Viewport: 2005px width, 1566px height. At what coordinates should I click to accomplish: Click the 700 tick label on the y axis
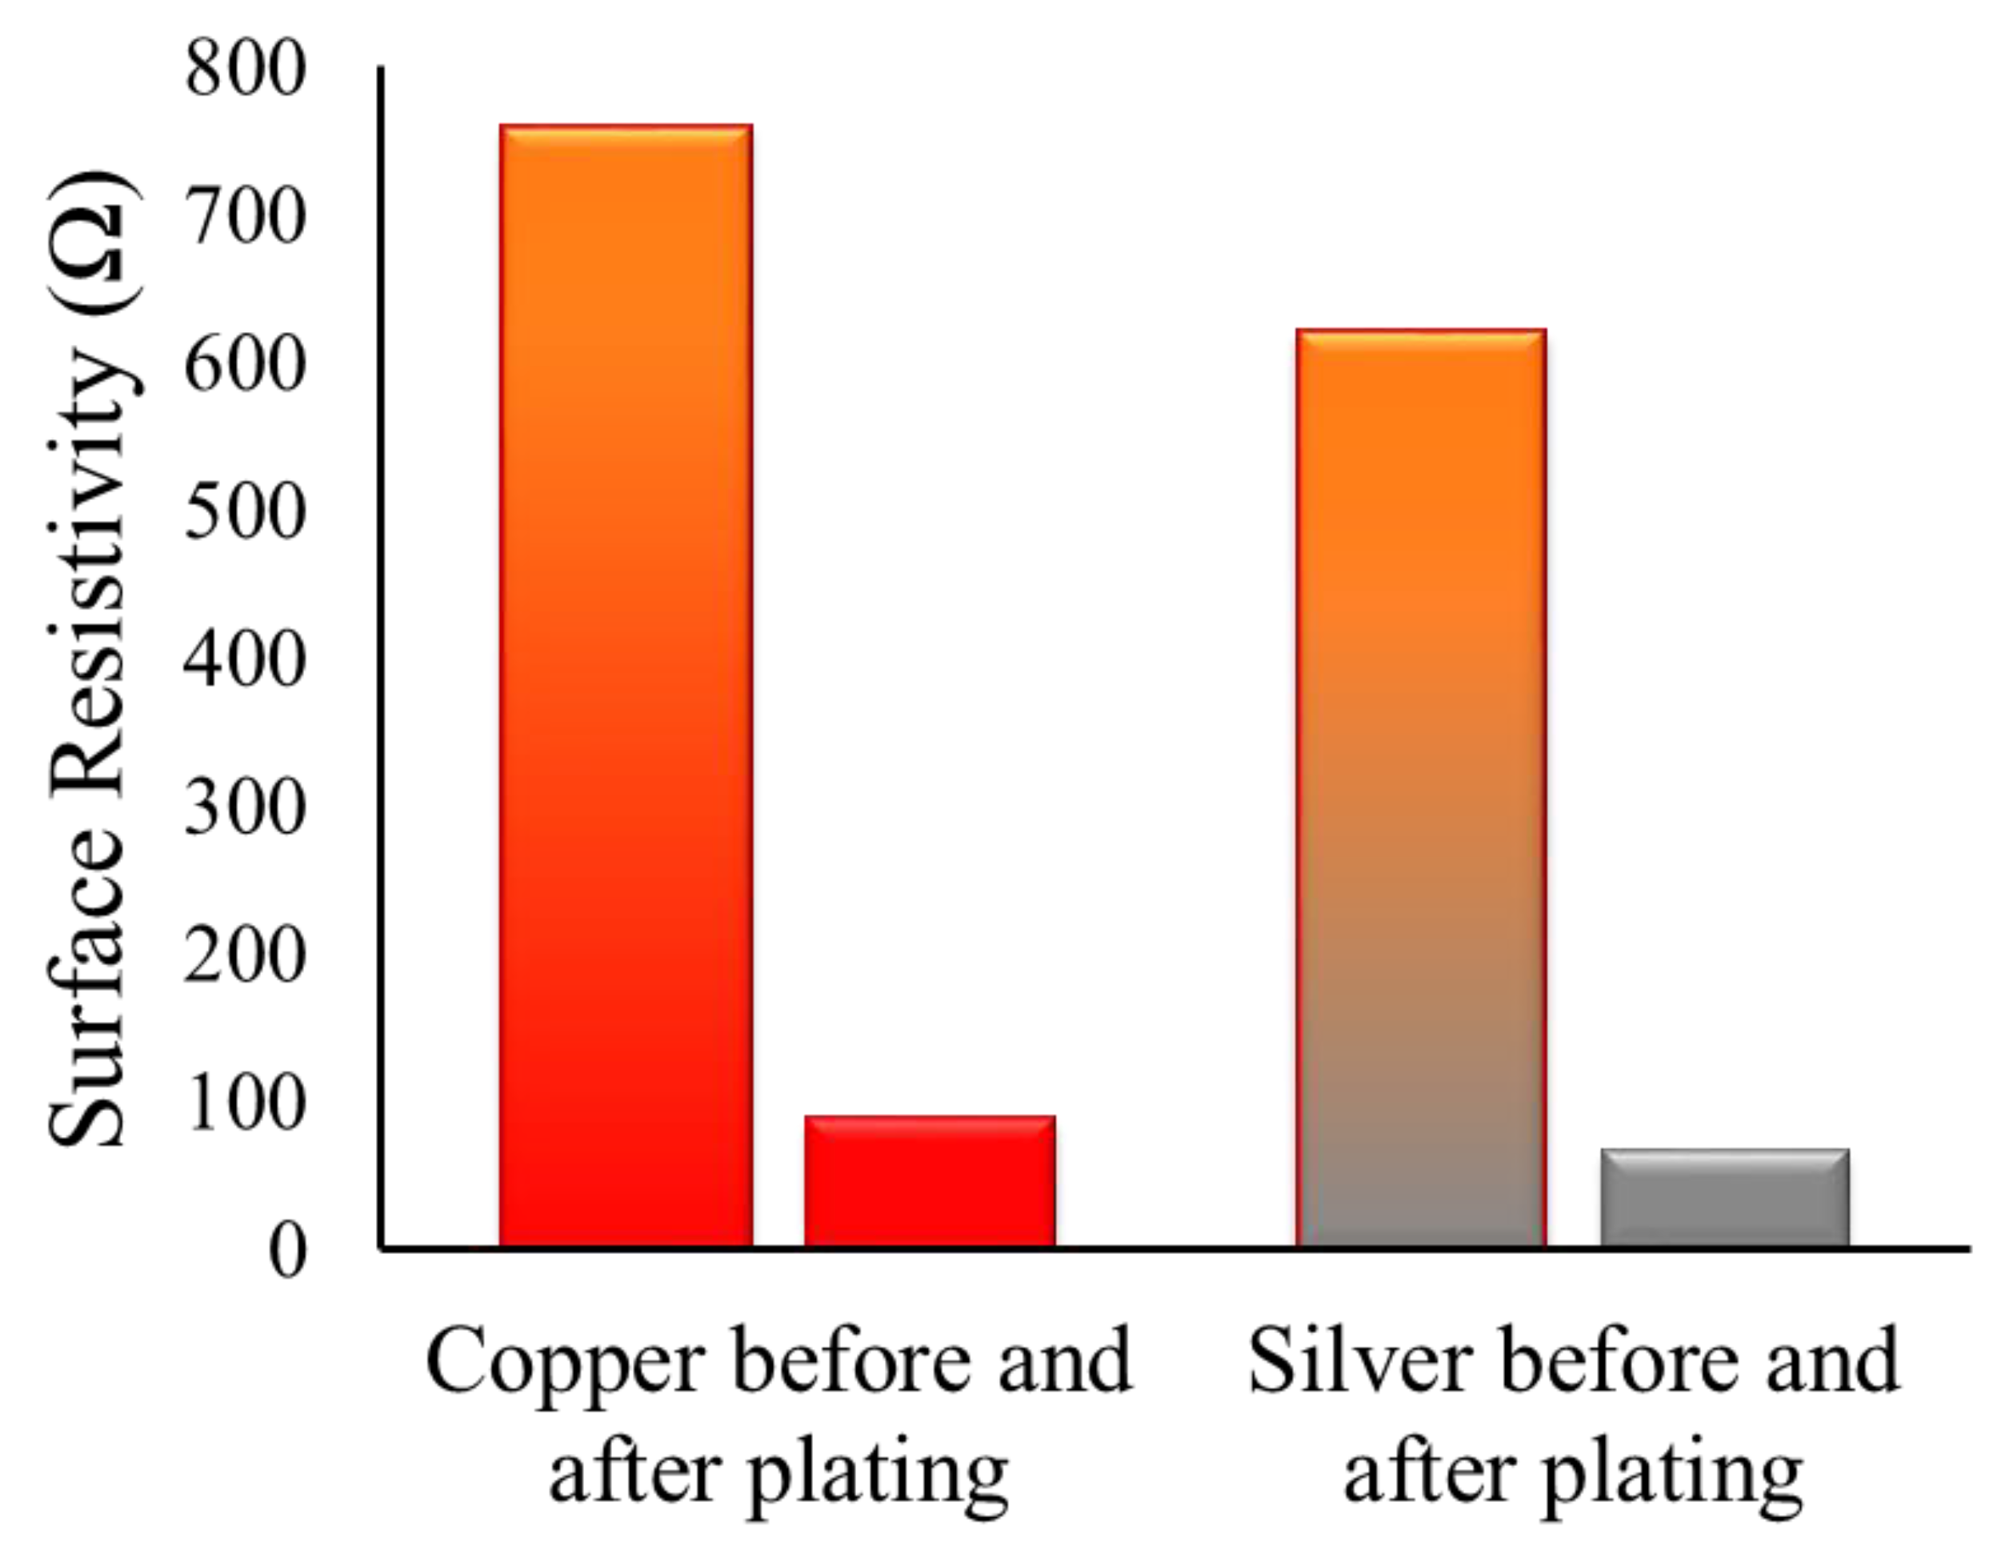tap(244, 220)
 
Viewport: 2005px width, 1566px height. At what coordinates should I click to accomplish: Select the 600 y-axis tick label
tap(244, 368)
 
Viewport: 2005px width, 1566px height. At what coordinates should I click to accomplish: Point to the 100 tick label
tap(244, 1104)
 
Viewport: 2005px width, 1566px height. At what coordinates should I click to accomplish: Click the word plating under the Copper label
tap(878, 1478)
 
